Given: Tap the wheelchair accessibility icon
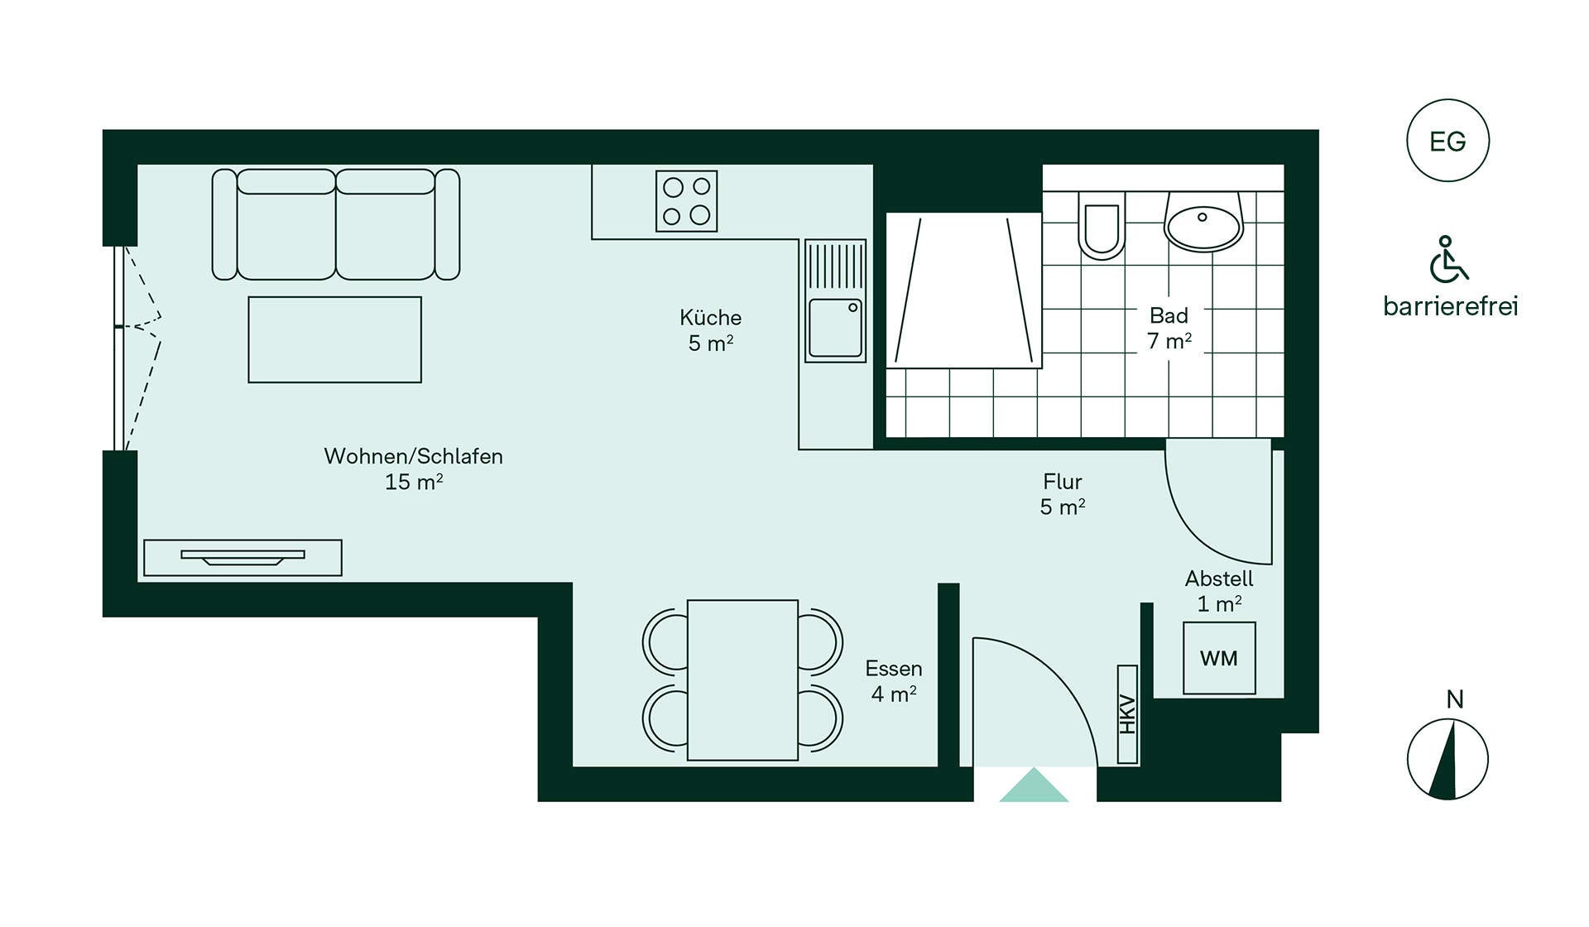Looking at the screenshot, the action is pyautogui.click(x=1448, y=259).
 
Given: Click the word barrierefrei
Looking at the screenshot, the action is pyautogui.click(x=1451, y=306).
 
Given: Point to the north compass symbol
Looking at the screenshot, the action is pyautogui.click(x=1447, y=759).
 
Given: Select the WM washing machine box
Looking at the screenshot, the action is pyautogui.click(x=1219, y=658).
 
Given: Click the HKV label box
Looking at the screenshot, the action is pyautogui.click(x=1127, y=714).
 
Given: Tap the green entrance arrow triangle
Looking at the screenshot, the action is pyautogui.click(x=1034, y=785).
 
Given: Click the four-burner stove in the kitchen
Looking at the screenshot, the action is pyautogui.click(x=687, y=200).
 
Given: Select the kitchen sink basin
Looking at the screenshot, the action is pyautogui.click(x=835, y=328).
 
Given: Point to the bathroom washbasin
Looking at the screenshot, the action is pyautogui.click(x=1203, y=221).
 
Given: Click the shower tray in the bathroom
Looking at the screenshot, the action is pyautogui.click(x=963, y=290).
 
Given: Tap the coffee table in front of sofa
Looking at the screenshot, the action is pyautogui.click(x=335, y=339).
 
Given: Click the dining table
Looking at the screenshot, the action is pyautogui.click(x=743, y=680).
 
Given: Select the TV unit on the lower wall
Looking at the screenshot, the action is pyautogui.click(x=242, y=557).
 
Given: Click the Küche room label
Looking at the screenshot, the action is pyautogui.click(x=711, y=318).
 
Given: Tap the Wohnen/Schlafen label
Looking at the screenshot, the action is pyautogui.click(x=414, y=456).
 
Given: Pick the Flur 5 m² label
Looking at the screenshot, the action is pyautogui.click(x=1063, y=494).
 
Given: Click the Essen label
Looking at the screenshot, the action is pyautogui.click(x=894, y=668).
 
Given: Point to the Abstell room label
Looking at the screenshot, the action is pyautogui.click(x=1219, y=579).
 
